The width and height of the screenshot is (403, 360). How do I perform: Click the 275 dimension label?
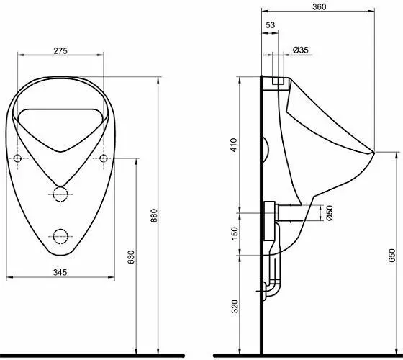click(x=60, y=51)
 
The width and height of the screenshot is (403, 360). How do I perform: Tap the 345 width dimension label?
click(x=60, y=272)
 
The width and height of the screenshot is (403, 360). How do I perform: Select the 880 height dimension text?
click(x=154, y=216)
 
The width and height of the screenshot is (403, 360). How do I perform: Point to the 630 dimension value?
click(x=131, y=257)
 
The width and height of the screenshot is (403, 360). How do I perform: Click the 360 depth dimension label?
click(x=320, y=7)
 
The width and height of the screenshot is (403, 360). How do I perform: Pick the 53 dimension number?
click(x=270, y=25)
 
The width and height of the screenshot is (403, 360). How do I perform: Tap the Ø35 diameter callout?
click(x=301, y=50)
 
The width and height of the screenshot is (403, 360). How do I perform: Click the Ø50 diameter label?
click(x=330, y=213)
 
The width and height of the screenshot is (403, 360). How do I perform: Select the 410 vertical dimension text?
click(x=234, y=145)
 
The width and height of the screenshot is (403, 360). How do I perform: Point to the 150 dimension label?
click(x=235, y=233)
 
